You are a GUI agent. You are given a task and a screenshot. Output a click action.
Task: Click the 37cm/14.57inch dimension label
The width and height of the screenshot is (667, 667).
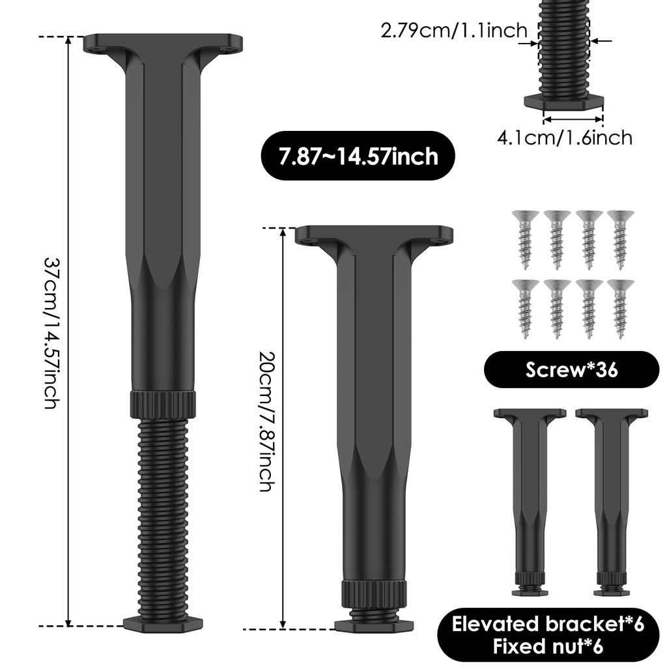coord(51,332)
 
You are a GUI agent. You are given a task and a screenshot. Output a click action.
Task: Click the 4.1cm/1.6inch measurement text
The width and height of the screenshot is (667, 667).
coord(565,137)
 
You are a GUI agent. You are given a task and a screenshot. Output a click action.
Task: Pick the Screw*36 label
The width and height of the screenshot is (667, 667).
coord(571,369)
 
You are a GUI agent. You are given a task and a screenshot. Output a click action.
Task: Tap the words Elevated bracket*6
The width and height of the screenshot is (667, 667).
coord(548,623)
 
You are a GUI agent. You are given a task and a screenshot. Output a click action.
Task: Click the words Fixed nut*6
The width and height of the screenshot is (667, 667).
coord(548,646)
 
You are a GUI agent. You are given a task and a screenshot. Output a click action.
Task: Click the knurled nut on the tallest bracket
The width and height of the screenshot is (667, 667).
coord(163,404)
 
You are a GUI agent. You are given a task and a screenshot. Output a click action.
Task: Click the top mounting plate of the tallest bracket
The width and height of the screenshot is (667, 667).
coord(163,44)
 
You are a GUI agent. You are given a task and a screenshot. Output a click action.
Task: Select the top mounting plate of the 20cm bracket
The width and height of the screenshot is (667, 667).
coord(374,234)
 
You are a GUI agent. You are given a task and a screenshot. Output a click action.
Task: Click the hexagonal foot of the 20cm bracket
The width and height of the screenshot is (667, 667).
coord(374,625)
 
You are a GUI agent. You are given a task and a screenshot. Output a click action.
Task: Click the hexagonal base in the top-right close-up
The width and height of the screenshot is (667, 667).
coord(564,102)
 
